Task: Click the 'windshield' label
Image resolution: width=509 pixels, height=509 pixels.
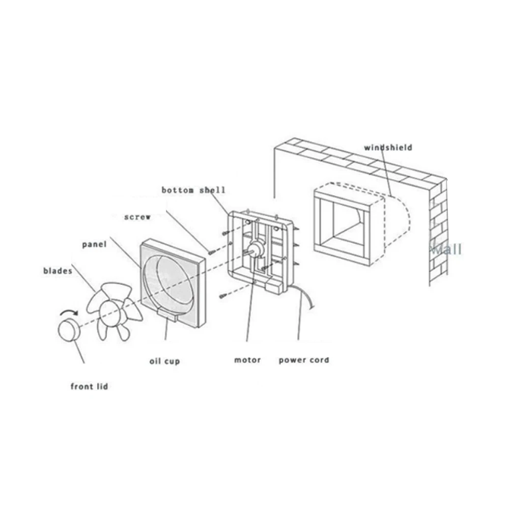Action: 388,148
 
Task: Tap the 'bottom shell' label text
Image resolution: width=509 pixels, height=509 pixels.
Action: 193,190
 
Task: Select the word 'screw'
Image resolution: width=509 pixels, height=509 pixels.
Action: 137,217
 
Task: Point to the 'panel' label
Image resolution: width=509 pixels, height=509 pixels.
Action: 94,244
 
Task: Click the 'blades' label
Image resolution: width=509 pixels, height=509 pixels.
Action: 58,271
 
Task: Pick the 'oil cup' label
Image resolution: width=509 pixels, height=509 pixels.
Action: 164,361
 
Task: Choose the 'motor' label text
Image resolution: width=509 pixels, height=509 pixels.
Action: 247,360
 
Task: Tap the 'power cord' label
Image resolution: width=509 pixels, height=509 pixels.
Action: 304,360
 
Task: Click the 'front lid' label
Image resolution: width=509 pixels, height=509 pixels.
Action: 89,386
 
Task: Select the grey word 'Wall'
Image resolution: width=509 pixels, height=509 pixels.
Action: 446,249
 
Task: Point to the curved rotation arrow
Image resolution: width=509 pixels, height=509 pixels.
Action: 69,313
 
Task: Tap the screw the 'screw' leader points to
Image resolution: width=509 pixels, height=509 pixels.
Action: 210,251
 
